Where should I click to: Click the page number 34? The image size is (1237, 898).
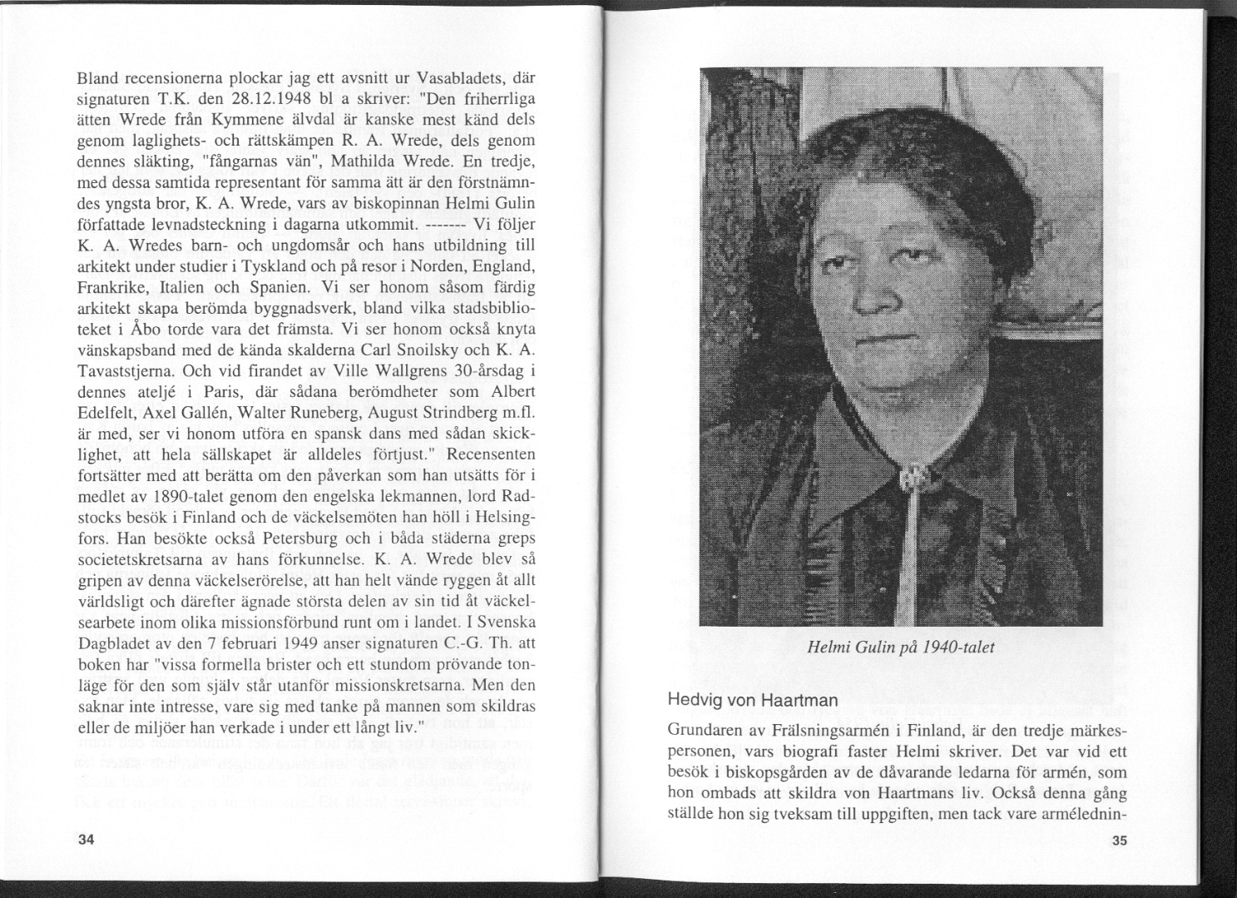(85, 840)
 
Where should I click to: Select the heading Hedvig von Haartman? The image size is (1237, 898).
(753, 700)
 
